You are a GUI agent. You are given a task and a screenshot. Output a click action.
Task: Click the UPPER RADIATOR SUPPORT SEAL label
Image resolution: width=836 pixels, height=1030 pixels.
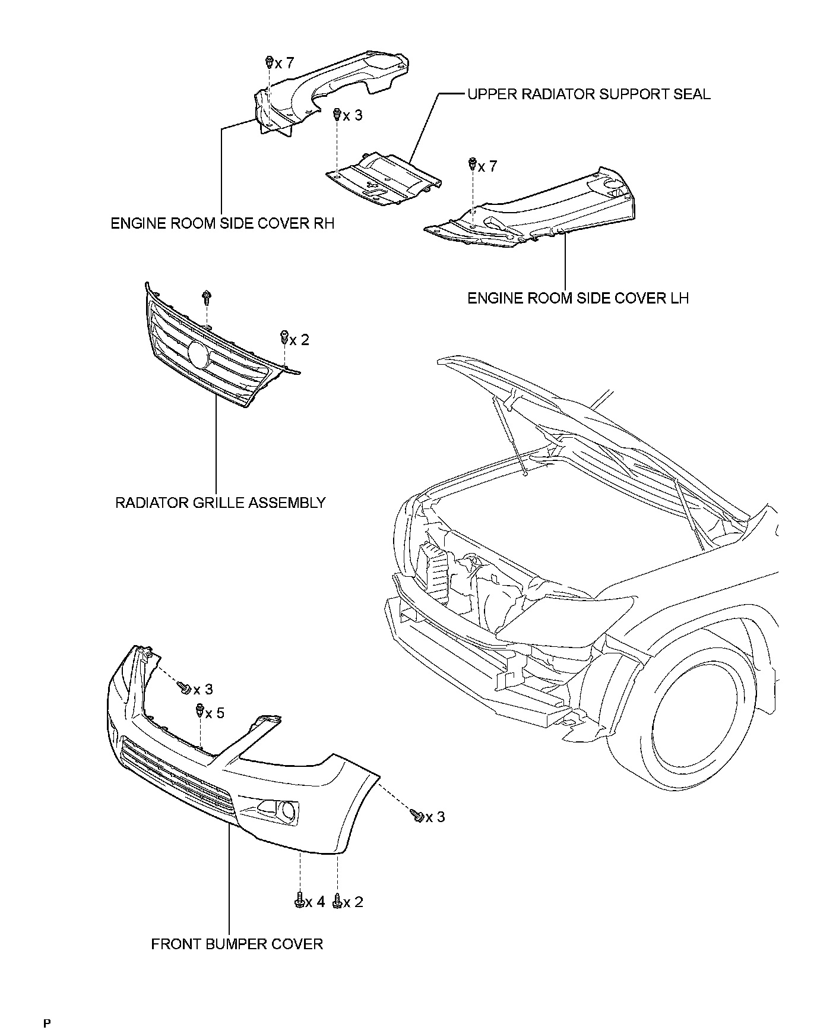pyautogui.click(x=588, y=94)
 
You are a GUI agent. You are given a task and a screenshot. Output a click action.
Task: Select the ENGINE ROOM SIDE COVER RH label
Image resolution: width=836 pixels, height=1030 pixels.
pyautogui.click(x=223, y=223)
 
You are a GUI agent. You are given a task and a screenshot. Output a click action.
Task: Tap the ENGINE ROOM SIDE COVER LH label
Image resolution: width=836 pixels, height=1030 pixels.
pyautogui.click(x=578, y=298)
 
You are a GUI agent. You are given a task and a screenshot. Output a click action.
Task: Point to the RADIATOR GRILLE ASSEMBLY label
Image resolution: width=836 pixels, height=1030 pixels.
pyautogui.click(x=220, y=503)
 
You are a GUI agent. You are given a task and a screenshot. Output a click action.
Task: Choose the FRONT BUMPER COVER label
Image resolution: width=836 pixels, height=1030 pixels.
pyautogui.click(x=237, y=944)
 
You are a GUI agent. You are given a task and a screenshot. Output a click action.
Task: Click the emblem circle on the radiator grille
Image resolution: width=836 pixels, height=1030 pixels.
pyautogui.click(x=198, y=355)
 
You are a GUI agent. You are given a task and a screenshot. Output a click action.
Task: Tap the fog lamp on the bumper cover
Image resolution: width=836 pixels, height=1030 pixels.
pyautogui.click(x=289, y=811)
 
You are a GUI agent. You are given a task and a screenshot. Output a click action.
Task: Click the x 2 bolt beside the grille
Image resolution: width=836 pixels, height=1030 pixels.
pyautogui.click(x=284, y=338)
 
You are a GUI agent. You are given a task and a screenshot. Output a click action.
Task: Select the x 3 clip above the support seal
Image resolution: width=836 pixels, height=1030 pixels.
pyautogui.click(x=337, y=113)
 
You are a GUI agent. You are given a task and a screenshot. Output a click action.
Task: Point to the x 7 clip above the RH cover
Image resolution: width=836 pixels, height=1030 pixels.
pyautogui.click(x=269, y=62)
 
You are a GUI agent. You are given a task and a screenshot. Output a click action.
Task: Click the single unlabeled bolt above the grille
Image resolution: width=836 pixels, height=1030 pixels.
pyautogui.click(x=207, y=296)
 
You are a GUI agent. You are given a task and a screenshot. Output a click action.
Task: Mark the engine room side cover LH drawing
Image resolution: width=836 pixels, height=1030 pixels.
pyautogui.click(x=534, y=214)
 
